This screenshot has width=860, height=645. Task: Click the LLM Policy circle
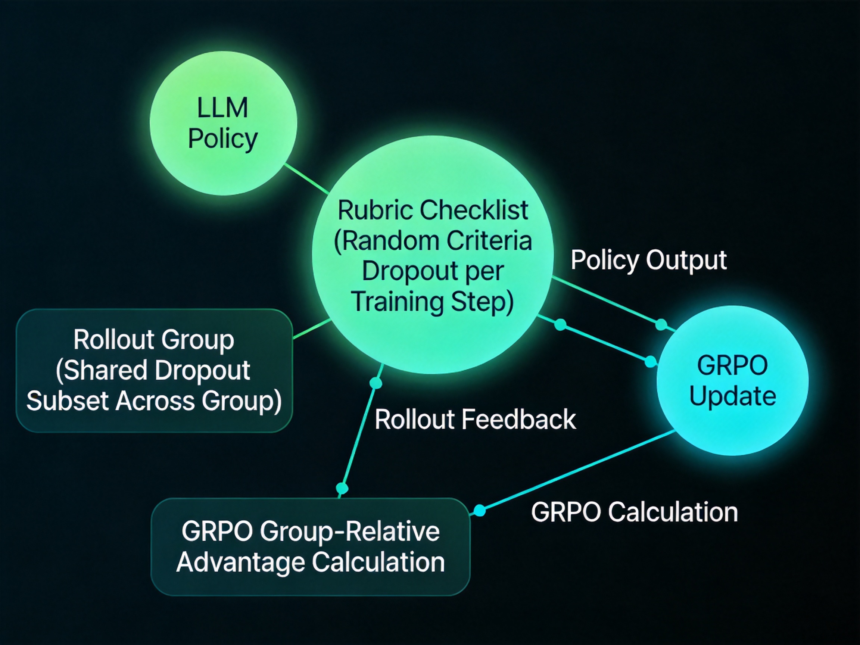pyautogui.click(x=224, y=123)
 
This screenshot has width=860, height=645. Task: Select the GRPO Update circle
pyautogui.click(x=733, y=381)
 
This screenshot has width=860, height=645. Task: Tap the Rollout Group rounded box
pyautogui.click(x=155, y=371)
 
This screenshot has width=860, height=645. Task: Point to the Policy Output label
pyautogui.click(x=648, y=260)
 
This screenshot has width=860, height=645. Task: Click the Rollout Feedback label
pyautogui.click(x=475, y=420)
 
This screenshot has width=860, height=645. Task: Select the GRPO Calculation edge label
pyautogui.click(x=635, y=512)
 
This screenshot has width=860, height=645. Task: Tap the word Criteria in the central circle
pyautogui.click(x=489, y=241)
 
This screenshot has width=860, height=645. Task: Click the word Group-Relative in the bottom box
pyautogui.click(x=350, y=531)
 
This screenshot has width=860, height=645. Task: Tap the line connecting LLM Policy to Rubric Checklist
pyautogui.click(x=307, y=178)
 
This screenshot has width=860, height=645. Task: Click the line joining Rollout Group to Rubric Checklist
pyautogui.click(x=312, y=329)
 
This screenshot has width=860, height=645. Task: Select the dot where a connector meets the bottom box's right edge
pyautogui.click(x=480, y=510)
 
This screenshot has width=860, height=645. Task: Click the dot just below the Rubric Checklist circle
pyautogui.click(x=376, y=383)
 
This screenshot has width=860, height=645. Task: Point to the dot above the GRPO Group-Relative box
pyautogui.click(x=342, y=488)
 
